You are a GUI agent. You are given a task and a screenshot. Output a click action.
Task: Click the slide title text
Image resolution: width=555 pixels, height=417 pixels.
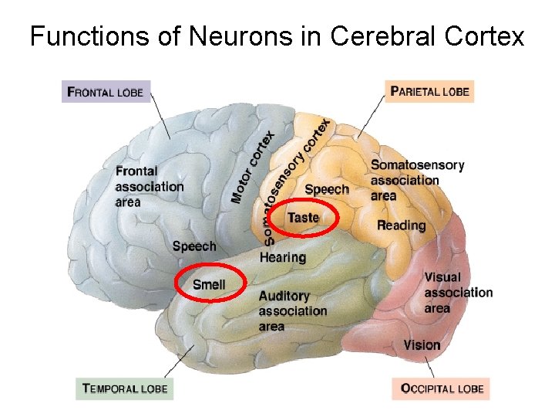[x=277, y=36]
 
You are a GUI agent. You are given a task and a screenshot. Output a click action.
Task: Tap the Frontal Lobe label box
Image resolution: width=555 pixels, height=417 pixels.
[x=106, y=92]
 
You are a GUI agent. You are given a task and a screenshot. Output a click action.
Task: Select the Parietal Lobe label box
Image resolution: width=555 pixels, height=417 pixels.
[x=430, y=92]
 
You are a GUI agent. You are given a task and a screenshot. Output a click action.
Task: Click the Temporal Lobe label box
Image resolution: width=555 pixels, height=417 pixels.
[x=125, y=388]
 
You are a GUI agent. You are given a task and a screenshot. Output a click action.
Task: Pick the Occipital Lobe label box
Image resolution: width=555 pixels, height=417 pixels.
[x=442, y=388]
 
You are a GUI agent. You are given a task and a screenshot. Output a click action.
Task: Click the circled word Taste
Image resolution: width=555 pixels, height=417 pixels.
[x=304, y=218]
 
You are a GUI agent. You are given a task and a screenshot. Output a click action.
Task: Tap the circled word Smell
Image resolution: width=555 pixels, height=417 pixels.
[x=209, y=285]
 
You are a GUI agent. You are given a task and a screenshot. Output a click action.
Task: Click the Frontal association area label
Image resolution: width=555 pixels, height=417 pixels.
[x=149, y=186]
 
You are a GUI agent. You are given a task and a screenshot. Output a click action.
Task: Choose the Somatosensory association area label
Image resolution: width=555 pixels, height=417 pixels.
[x=416, y=180]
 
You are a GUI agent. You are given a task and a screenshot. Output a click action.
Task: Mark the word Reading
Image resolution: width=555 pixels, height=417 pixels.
[x=401, y=225]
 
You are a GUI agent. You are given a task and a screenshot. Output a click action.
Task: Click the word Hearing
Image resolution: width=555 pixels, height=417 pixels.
[x=282, y=257]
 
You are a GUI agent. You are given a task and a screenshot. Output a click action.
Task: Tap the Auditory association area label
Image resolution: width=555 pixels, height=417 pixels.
[x=292, y=311]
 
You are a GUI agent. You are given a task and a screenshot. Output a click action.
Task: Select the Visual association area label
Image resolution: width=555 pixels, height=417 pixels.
[x=457, y=293]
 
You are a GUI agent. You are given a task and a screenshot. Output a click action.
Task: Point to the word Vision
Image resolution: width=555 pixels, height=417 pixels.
[x=422, y=345]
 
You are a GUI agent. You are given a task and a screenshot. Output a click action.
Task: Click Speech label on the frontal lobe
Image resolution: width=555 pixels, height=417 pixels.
[x=194, y=246]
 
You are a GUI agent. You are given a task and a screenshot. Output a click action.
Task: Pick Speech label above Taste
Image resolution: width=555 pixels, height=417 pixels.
[x=327, y=190]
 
